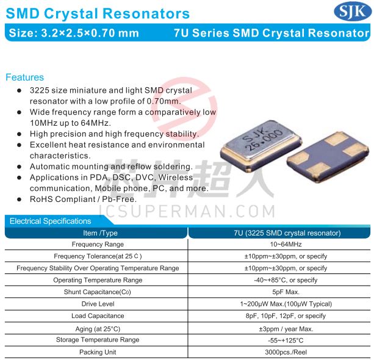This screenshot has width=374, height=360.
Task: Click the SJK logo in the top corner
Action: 352,12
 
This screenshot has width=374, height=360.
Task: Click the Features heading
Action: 25,77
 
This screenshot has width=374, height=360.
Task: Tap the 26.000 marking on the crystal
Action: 265,140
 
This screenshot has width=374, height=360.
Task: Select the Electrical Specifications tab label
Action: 50,221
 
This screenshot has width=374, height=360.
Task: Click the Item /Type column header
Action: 100,233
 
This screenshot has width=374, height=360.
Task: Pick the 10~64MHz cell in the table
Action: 286,244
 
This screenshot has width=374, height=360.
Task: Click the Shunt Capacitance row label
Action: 98,292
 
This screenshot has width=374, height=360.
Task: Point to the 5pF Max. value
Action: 286,292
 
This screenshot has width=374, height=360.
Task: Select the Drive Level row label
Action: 98,304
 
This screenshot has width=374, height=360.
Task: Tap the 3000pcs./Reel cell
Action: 286,352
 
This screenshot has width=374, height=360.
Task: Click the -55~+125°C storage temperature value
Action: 286,340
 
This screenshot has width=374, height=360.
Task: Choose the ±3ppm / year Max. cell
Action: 286,329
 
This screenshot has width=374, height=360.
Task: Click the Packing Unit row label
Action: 98,352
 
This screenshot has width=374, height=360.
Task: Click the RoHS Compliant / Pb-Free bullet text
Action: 83,199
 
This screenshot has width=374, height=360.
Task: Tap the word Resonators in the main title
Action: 146,13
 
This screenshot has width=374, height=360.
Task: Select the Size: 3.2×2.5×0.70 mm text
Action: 74,33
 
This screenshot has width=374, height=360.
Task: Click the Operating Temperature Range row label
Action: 98,280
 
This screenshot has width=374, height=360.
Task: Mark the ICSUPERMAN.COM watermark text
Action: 187,211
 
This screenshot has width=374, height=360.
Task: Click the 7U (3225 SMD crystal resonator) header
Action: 287,233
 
